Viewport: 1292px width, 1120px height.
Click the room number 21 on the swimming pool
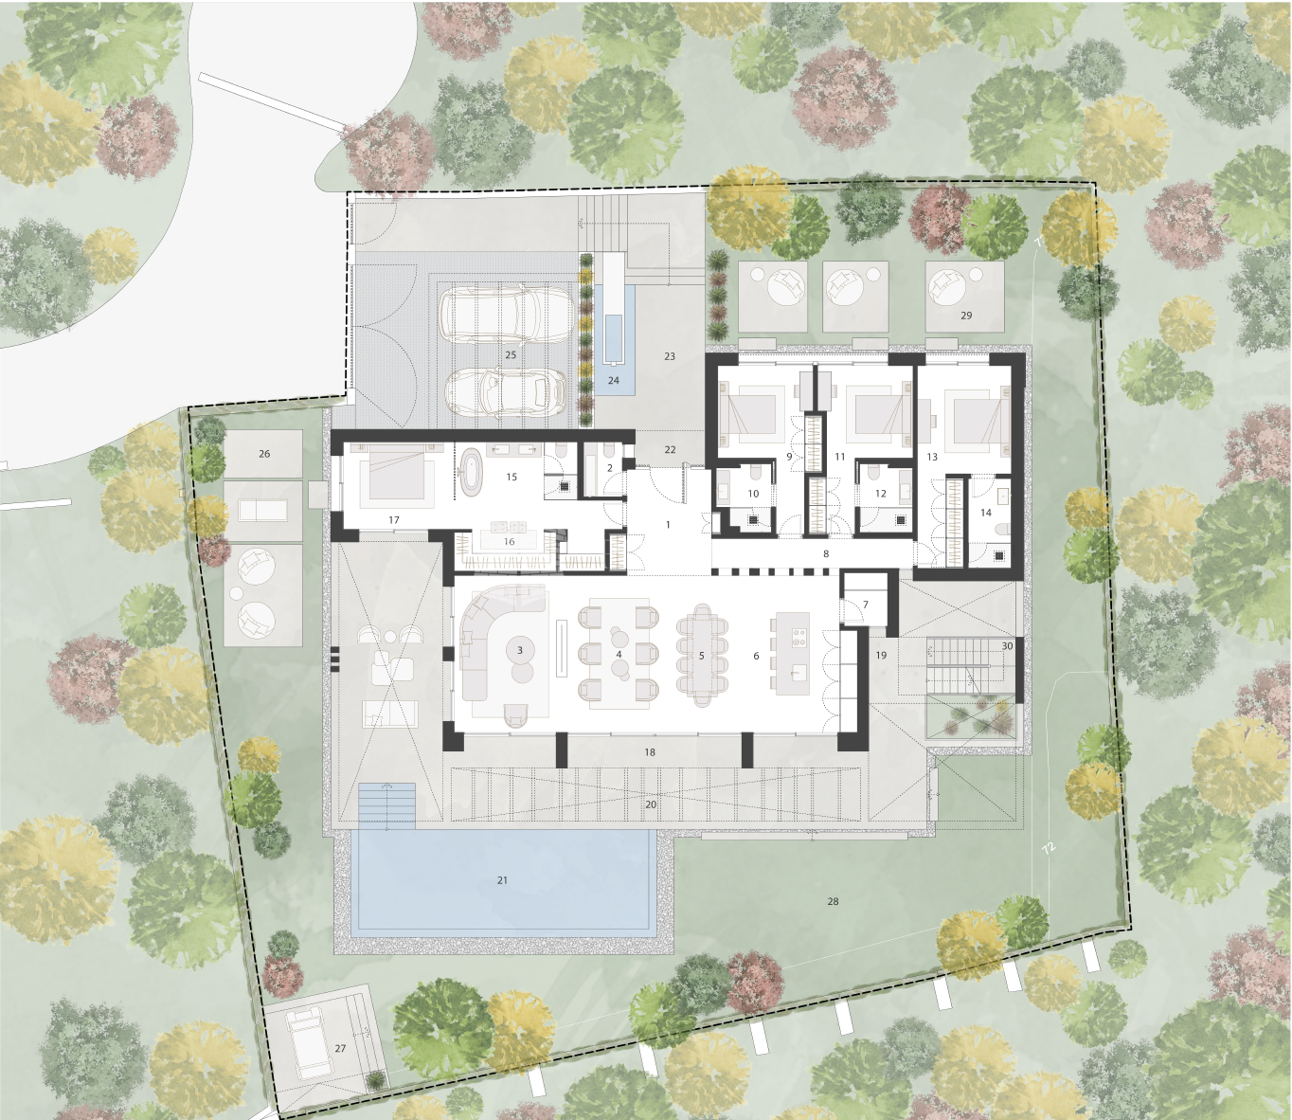[x=502, y=880]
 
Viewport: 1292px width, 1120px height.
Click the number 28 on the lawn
[x=833, y=901]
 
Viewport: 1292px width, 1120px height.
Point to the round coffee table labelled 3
[x=519, y=650]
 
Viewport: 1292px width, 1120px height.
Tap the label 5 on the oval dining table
[x=701, y=656]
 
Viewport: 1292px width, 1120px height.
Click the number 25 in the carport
[x=511, y=354]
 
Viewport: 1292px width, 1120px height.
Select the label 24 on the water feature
[x=613, y=380]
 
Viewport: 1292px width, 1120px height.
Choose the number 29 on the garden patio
[x=966, y=316]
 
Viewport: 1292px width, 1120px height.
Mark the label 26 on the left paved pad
[x=264, y=453]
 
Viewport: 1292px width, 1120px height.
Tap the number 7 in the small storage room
[x=866, y=605]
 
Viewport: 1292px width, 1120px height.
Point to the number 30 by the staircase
[x=1007, y=646]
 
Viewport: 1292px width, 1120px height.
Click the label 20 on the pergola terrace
[x=651, y=804]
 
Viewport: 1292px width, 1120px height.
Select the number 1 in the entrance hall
[x=668, y=525]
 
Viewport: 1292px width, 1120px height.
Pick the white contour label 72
[x=1049, y=848]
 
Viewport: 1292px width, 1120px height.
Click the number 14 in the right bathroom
[x=986, y=513]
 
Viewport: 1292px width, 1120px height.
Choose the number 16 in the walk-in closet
[x=509, y=542]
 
